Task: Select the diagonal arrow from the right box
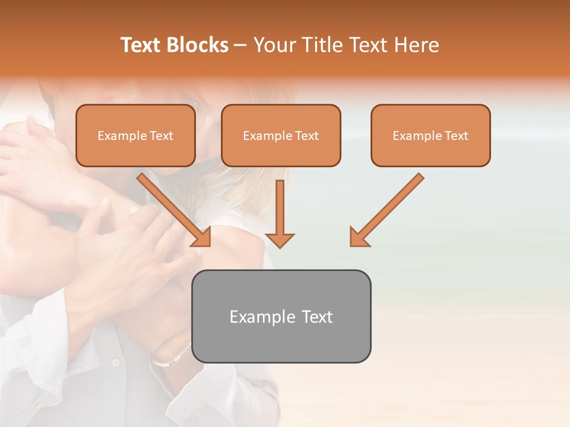389,208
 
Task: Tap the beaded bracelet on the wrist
172,356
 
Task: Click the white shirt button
116,362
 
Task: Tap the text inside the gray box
281,317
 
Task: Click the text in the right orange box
430,136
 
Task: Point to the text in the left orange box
135,136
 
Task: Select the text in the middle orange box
281,136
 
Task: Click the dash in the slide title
240,45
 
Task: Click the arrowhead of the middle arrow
280,240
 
